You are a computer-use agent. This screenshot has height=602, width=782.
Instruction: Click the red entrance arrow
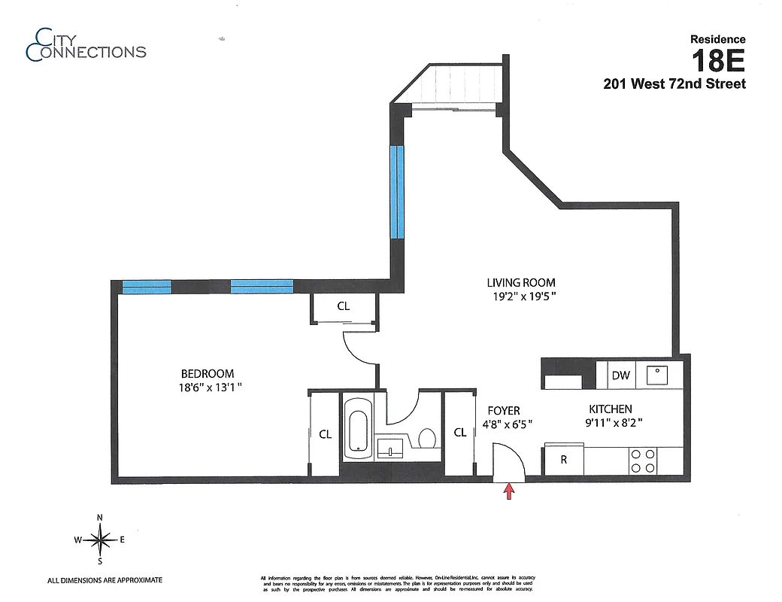pyautogui.click(x=509, y=491)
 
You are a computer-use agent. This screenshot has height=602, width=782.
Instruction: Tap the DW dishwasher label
pyautogui.click(x=620, y=375)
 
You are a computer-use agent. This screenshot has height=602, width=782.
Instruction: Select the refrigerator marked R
pyautogui.click(x=564, y=460)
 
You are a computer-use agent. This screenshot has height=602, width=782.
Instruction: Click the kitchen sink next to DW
pyautogui.click(x=659, y=374)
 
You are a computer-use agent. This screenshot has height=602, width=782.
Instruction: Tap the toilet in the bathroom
pyautogui.click(x=427, y=438)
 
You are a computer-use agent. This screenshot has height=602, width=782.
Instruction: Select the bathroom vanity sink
pyautogui.click(x=390, y=450)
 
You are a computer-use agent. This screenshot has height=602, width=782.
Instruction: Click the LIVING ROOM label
pyautogui.click(x=521, y=282)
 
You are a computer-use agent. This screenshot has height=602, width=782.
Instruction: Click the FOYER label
pyautogui.click(x=503, y=410)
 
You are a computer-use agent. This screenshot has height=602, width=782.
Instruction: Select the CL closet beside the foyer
pyautogui.click(x=460, y=433)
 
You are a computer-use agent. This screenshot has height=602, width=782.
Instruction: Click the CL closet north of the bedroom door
pyautogui.click(x=343, y=306)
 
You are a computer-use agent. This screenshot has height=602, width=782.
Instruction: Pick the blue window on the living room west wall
pyautogui.click(x=397, y=191)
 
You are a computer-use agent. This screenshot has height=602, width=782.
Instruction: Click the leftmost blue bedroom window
pyautogui.click(x=147, y=286)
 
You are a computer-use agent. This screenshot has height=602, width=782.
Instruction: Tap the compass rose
pyautogui.click(x=100, y=539)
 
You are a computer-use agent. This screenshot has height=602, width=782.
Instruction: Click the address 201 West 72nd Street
pyautogui.click(x=674, y=84)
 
